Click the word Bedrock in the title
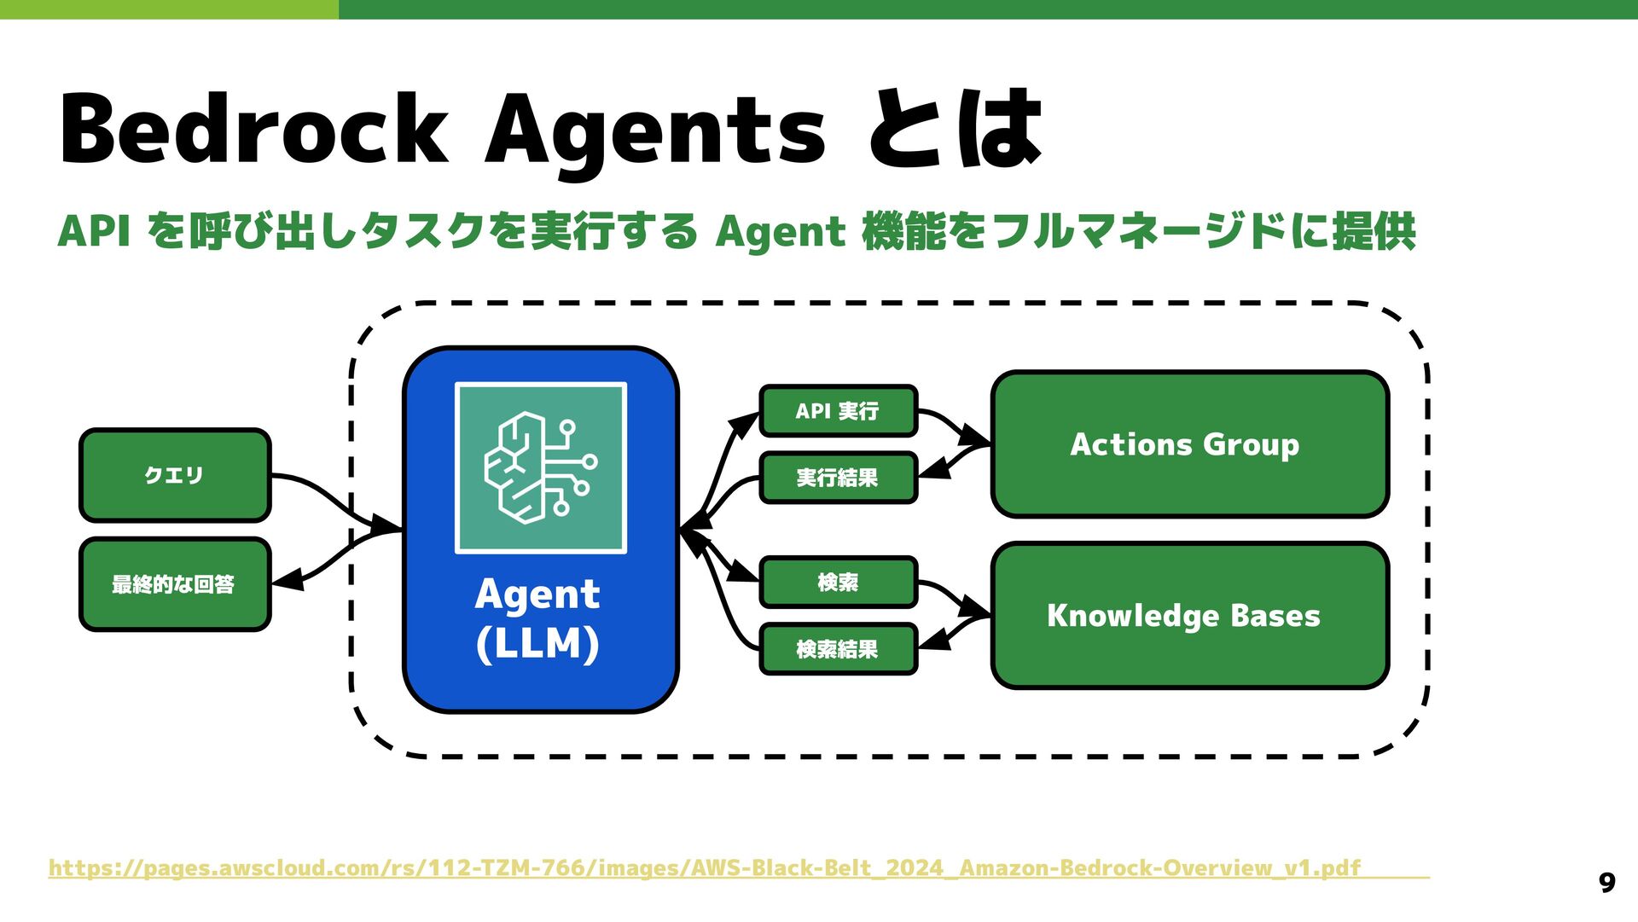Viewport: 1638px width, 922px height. (x=253, y=130)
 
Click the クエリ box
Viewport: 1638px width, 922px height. (x=175, y=475)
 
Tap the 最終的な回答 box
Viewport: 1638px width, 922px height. (x=175, y=584)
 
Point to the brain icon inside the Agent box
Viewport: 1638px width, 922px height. (x=540, y=467)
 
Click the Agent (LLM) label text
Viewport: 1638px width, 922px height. (x=537, y=618)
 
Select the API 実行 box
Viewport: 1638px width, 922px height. (x=838, y=411)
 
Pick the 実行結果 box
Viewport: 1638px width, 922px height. (x=838, y=478)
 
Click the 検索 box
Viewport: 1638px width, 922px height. (x=838, y=583)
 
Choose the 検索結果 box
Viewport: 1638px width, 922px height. (x=838, y=649)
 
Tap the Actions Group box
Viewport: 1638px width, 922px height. (x=1189, y=444)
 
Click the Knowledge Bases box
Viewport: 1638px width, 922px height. (x=1189, y=615)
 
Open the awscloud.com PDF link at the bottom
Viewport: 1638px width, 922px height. (x=705, y=868)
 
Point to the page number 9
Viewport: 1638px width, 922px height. (x=1606, y=883)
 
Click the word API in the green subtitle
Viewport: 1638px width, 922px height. (x=94, y=232)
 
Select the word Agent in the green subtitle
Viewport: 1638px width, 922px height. (x=780, y=232)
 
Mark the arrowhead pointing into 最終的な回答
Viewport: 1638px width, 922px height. (x=286, y=581)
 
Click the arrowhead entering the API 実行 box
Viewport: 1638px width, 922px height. (x=747, y=420)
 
